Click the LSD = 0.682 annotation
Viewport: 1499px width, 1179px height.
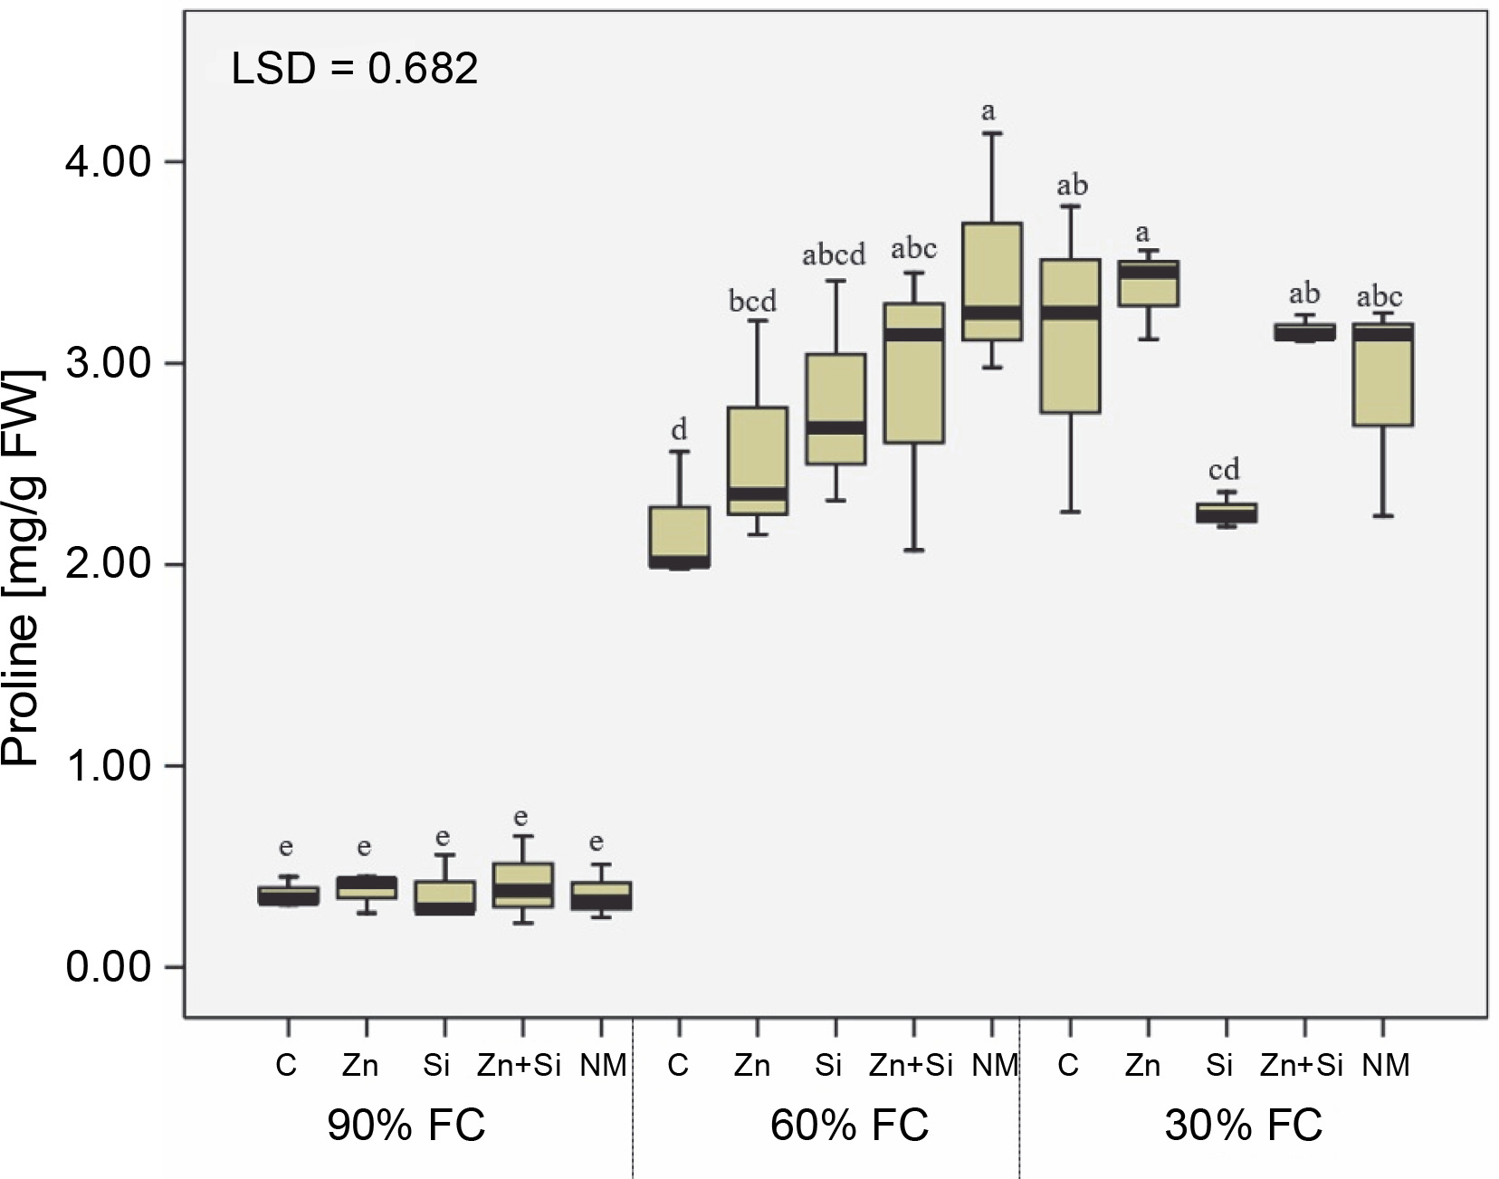click(354, 69)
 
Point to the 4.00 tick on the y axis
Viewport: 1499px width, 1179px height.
click(108, 163)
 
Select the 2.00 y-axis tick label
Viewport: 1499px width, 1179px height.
click(108, 565)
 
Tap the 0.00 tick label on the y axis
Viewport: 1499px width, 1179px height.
click(108, 967)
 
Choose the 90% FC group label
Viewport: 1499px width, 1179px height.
click(406, 1126)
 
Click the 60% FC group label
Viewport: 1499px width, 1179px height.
click(849, 1126)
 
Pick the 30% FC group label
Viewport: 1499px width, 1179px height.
click(1243, 1126)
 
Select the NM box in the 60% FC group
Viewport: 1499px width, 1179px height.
click(992, 282)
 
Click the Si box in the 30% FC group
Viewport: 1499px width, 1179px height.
click(1227, 513)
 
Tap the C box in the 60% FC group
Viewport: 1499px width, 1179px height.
click(680, 537)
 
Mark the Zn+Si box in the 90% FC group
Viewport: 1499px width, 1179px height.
click(521, 886)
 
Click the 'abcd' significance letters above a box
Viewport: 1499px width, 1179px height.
click(834, 255)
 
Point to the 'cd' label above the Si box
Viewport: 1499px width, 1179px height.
click(1224, 470)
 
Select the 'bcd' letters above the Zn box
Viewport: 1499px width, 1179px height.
click(752, 301)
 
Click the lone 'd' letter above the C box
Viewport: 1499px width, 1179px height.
click(679, 429)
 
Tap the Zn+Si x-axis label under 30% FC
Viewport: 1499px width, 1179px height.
click(1301, 1066)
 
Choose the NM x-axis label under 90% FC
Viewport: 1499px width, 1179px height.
click(603, 1066)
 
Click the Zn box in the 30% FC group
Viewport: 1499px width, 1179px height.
click(1148, 283)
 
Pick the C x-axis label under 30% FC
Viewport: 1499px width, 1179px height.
click(1068, 1066)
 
